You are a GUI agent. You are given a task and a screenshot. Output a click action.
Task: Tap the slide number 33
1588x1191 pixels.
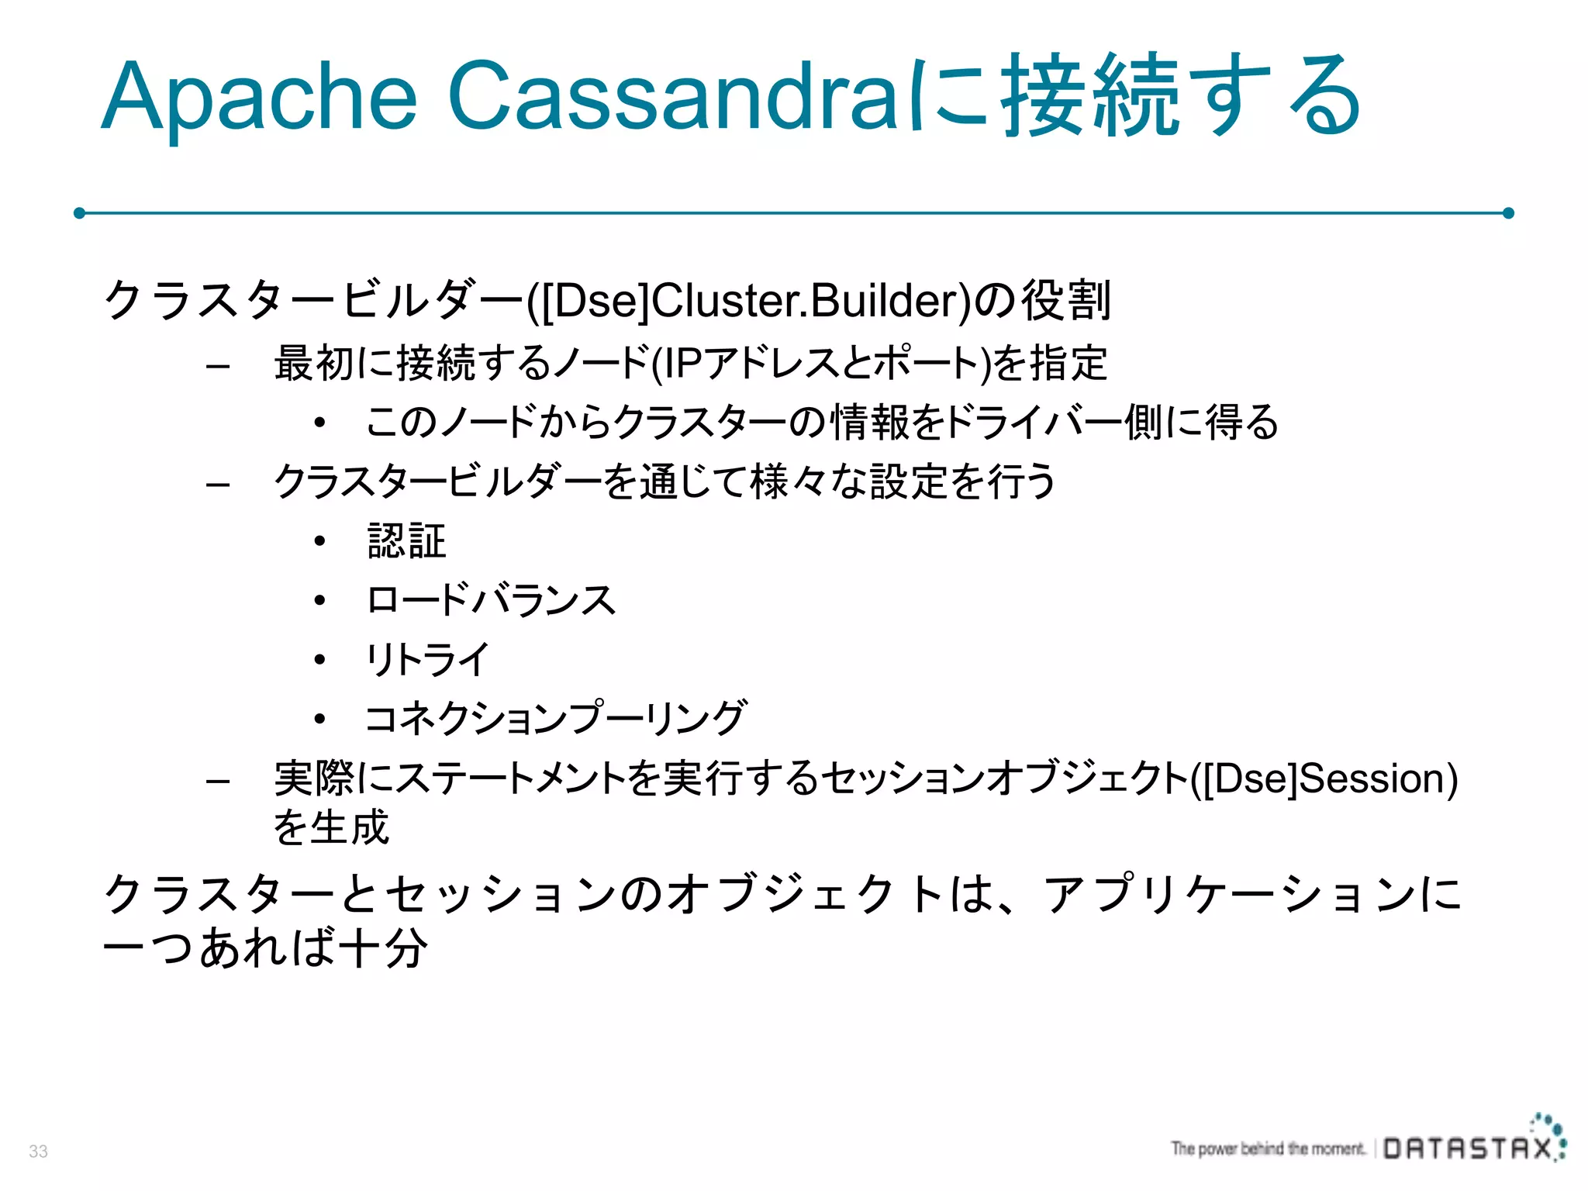click(38, 1151)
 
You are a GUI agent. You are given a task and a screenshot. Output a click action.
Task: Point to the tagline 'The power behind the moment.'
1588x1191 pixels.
click(1268, 1148)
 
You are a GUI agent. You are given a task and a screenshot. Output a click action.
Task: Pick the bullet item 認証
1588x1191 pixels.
click(407, 541)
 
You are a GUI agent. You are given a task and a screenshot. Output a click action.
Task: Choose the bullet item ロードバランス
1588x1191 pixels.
click(491, 600)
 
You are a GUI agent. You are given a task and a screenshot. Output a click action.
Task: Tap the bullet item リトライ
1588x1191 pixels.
click(427, 660)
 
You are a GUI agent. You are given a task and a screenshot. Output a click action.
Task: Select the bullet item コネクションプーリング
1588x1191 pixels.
click(555, 719)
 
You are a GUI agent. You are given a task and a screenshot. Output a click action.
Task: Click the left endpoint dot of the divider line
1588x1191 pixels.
click(79, 213)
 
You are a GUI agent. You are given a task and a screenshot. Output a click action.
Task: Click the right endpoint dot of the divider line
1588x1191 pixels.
click(1508, 213)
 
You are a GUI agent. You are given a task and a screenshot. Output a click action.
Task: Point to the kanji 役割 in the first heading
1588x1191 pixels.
click(1066, 301)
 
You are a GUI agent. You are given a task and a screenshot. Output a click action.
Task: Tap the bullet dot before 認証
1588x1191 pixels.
click(319, 541)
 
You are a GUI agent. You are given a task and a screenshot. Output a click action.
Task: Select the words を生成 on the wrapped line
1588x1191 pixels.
click(331, 827)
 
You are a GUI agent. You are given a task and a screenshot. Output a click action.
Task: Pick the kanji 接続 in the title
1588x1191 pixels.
click(1089, 97)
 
